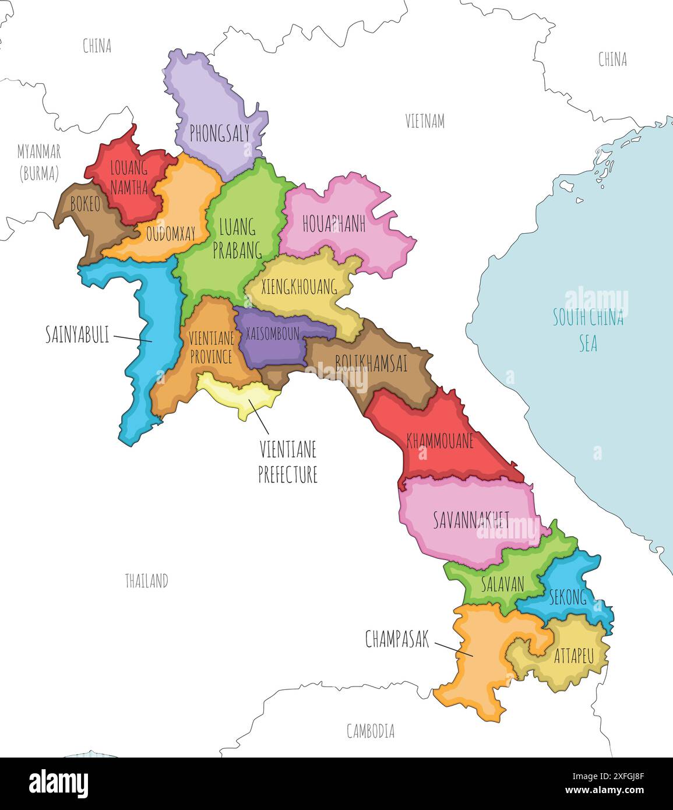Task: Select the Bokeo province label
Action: pos(85,204)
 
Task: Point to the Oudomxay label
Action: pos(170,235)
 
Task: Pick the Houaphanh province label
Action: pos(333,224)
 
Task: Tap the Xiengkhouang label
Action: pos(299,287)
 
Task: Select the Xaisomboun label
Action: pos(272,333)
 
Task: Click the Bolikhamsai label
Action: pos(371,364)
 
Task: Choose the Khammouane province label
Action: pos(440,441)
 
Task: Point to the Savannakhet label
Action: pos(471,520)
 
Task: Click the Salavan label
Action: pos(502,583)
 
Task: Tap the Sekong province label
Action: pos(567,597)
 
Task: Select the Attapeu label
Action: pos(573,656)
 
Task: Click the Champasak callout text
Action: pos(397,639)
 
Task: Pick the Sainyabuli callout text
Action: pos(77,334)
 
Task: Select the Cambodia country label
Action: pos(370,731)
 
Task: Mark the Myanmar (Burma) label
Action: pos(39,163)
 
